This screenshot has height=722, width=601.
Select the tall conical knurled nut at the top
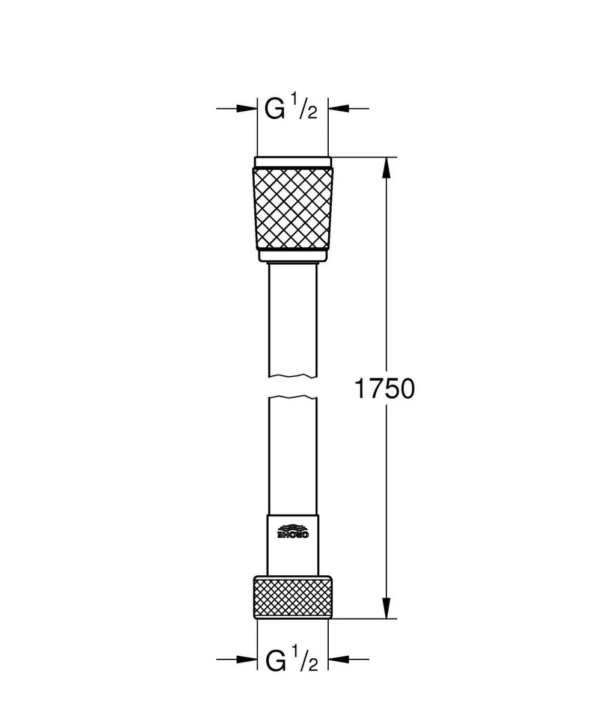(x=292, y=208)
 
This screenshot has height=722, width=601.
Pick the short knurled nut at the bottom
(x=292, y=596)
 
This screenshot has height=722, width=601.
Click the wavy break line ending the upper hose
(x=292, y=377)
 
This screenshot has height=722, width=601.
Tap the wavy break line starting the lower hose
(x=292, y=398)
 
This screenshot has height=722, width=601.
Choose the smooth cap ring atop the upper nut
(x=292, y=162)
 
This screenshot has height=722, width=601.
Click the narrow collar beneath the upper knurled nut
(x=292, y=256)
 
